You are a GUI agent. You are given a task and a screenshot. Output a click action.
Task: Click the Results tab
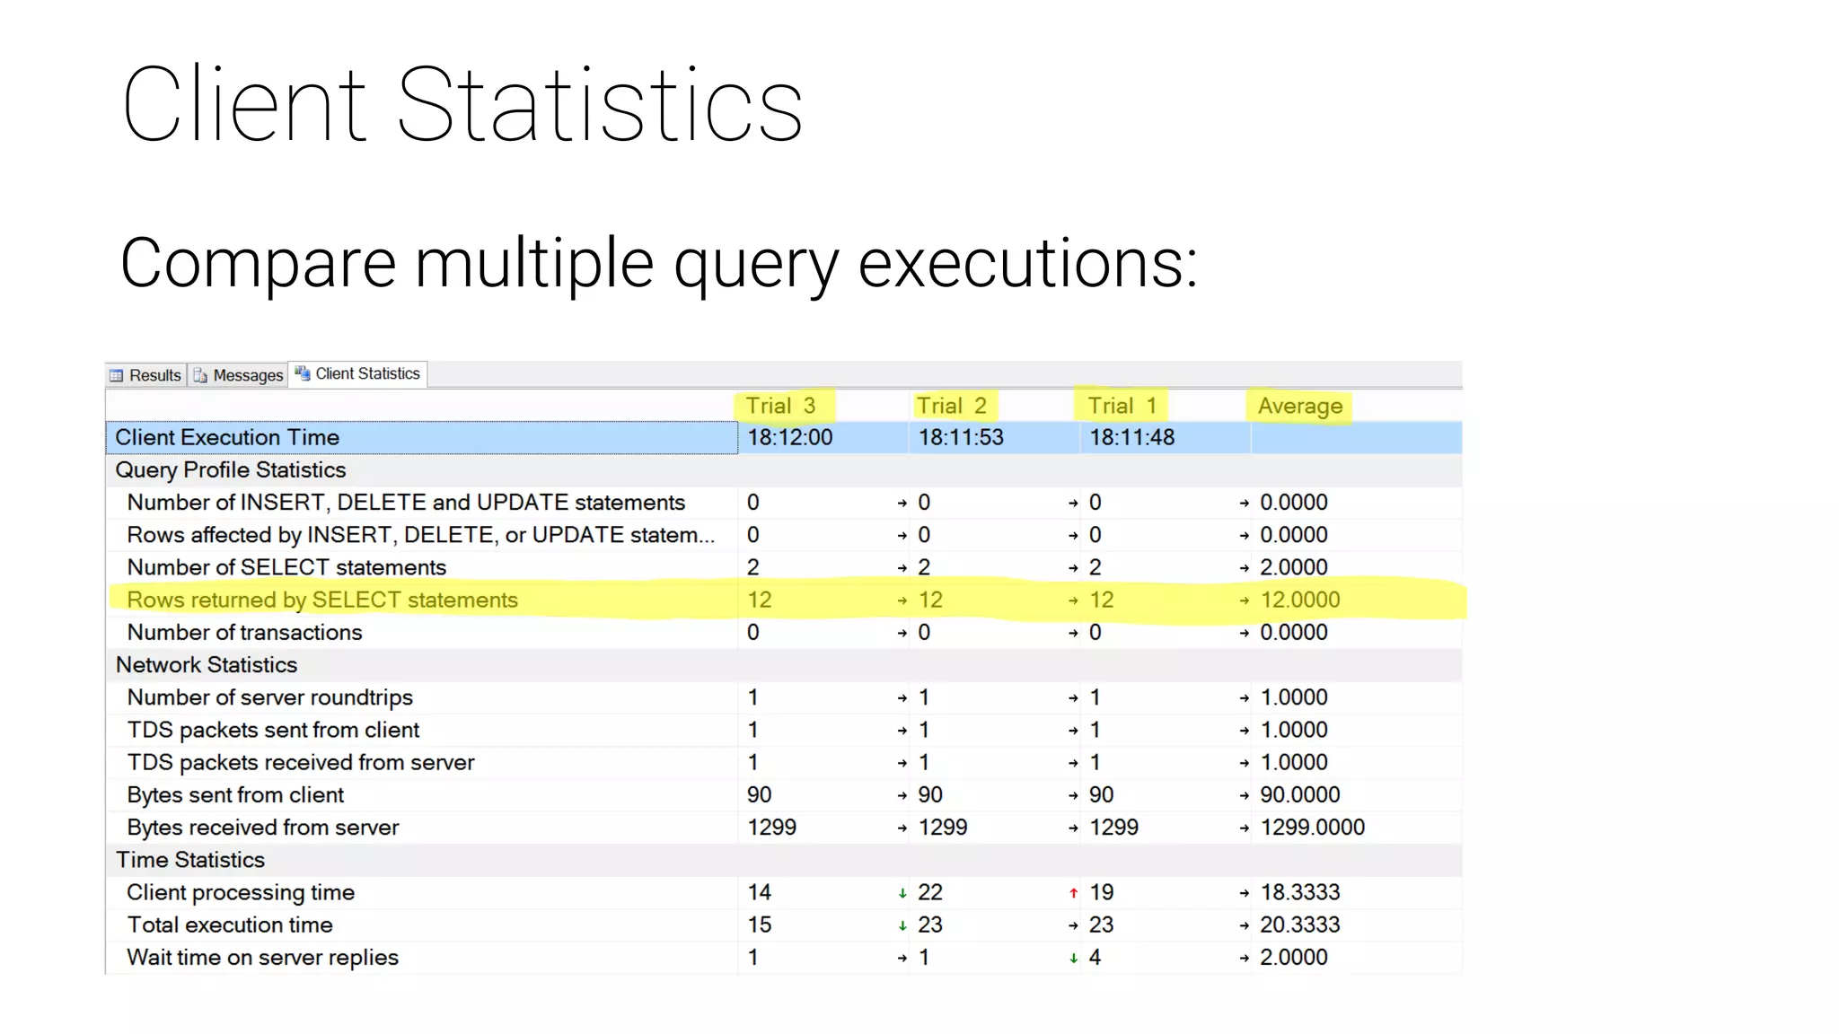pos(145,375)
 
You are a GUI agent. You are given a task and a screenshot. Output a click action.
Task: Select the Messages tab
pos(238,375)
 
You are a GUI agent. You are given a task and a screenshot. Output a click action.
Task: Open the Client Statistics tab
pos(358,373)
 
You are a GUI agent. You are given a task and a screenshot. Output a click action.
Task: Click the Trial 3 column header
pos(780,406)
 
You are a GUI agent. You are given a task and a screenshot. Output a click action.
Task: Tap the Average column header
pos(1299,406)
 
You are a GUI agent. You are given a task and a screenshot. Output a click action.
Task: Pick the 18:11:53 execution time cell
pos(960,437)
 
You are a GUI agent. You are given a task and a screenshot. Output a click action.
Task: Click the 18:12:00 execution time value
pos(789,437)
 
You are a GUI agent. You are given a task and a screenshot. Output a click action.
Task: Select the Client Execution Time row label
pos(227,437)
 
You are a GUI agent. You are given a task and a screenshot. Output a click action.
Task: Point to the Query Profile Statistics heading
pos(231,469)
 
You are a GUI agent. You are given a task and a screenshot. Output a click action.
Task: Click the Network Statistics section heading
pos(207,664)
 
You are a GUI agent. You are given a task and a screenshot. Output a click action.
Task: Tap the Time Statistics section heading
pos(190,860)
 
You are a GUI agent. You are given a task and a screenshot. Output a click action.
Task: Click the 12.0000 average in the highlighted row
pos(1299,600)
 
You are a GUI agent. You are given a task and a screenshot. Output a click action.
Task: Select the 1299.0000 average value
pos(1312,827)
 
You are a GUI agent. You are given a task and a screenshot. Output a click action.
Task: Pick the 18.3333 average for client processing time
pos(1299,892)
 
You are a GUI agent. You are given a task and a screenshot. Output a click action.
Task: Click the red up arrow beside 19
pos(1073,893)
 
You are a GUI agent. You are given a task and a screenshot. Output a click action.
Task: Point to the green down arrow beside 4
pos(1073,958)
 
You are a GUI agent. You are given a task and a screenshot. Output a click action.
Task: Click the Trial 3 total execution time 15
pos(759,924)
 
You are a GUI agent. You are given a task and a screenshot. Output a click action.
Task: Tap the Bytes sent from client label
pos(235,794)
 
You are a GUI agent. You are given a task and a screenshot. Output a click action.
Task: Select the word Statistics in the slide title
pos(599,105)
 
